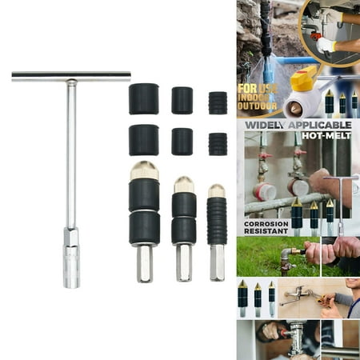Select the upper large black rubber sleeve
click(144, 99)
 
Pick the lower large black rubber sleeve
click(144, 140)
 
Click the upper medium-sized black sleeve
click(182, 101)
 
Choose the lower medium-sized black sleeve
click(182, 141)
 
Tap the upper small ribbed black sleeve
click(218, 102)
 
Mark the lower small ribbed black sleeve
click(218, 143)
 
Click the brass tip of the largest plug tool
click(144, 171)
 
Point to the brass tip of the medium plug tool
click(184, 185)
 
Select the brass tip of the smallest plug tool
click(217, 190)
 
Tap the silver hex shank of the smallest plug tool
click(217, 262)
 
